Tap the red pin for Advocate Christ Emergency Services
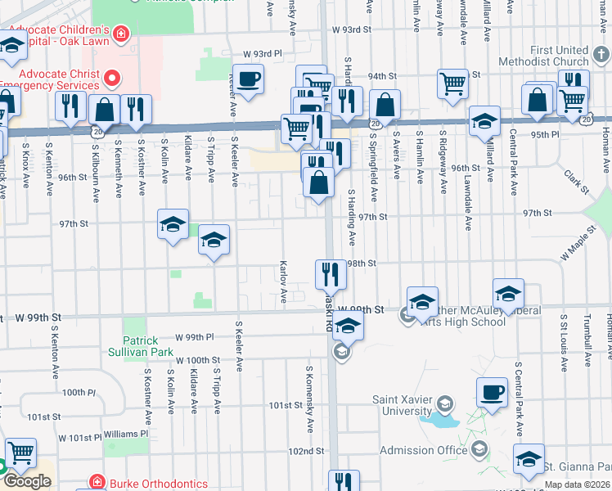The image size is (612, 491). click(x=113, y=79)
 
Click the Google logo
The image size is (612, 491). click(x=27, y=481)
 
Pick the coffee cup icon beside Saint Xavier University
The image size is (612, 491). click(x=493, y=393)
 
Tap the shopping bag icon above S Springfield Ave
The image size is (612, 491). click(x=384, y=105)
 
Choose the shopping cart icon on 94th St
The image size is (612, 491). click(x=452, y=83)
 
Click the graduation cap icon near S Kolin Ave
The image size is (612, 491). click(x=173, y=225)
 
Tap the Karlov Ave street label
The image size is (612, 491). click(x=283, y=282)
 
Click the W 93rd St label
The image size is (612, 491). click(x=352, y=30)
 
